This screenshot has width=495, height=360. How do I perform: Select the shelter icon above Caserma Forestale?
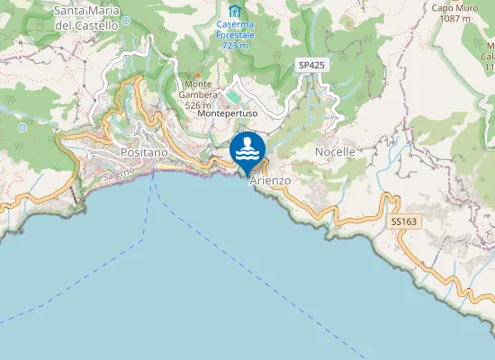coord(235,11)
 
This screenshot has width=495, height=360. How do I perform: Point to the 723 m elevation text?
coord(235,45)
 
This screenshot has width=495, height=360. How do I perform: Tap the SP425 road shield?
coord(310,66)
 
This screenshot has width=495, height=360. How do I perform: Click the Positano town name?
coord(144,153)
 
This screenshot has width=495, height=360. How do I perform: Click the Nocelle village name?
coord(335,152)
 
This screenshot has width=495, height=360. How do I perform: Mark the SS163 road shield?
coord(403,220)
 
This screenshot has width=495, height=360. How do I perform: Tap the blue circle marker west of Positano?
coord(22,128)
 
